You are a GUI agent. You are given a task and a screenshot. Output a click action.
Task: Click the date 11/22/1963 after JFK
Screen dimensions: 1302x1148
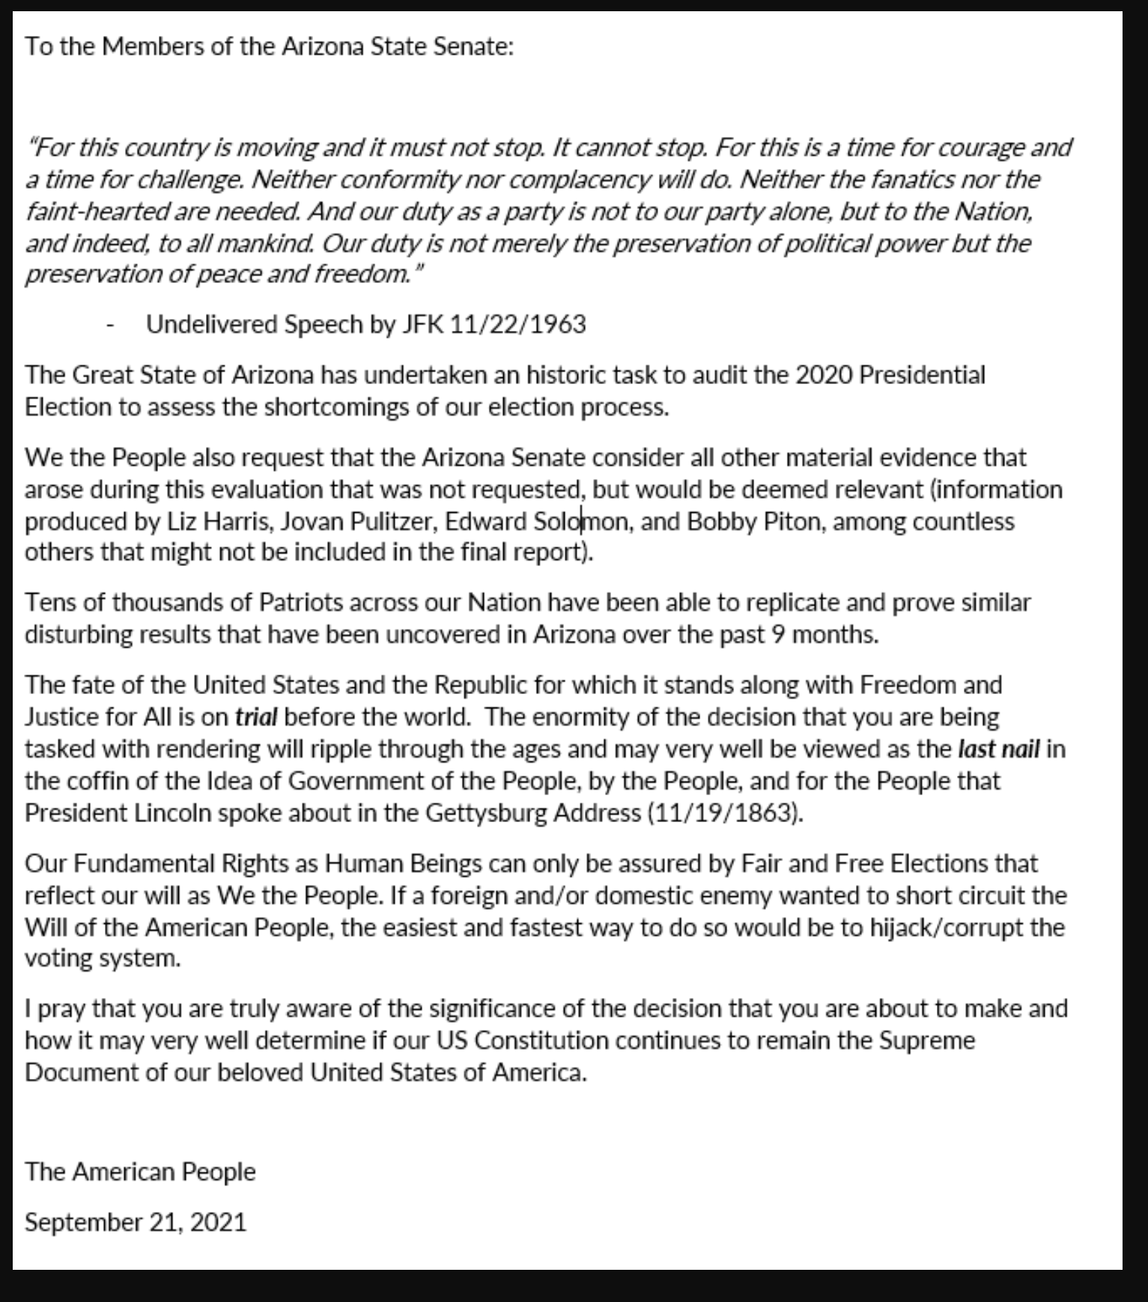pyautogui.click(x=517, y=325)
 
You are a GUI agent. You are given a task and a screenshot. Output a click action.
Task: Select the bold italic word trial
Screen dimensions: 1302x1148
pyautogui.click(x=256, y=717)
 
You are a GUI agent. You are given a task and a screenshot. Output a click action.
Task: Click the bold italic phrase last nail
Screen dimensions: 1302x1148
pyautogui.click(x=998, y=749)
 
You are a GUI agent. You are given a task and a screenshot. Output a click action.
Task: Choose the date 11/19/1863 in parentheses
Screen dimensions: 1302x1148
pyautogui.click(x=723, y=813)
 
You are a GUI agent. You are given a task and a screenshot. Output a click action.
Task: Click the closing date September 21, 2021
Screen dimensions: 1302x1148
pyautogui.click(x=136, y=1223)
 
